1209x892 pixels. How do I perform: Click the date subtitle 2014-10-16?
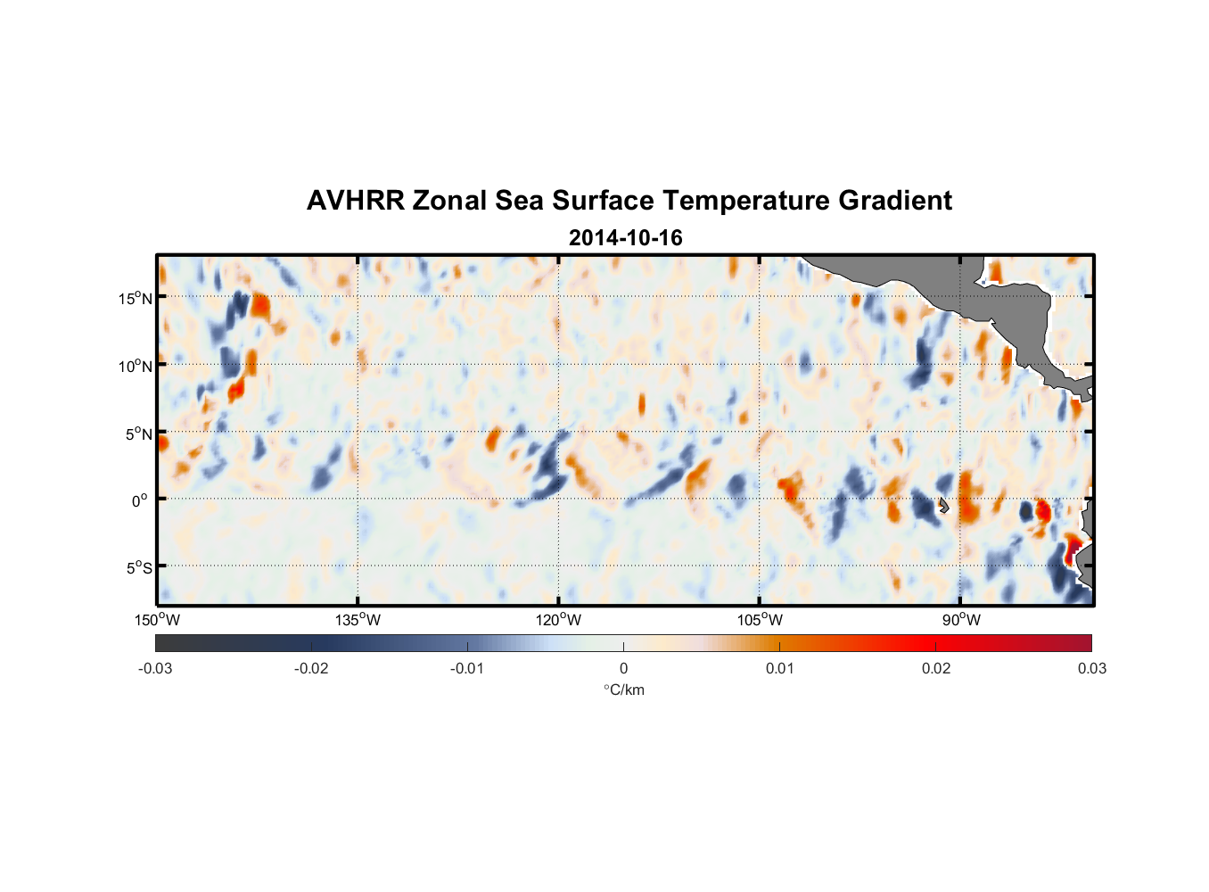coord(625,238)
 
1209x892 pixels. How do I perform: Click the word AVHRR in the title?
coord(355,201)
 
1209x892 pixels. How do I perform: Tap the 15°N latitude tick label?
coord(136,298)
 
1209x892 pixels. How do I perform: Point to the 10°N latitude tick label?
coord(136,366)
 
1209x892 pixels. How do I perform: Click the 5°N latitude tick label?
coord(138,434)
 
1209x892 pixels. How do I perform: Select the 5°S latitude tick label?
coord(138,568)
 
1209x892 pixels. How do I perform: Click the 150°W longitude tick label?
coord(157,620)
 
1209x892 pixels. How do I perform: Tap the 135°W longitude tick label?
coord(358,620)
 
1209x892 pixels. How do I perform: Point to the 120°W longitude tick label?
coord(558,620)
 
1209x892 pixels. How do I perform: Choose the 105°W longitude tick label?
coord(760,620)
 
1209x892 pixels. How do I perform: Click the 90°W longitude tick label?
coord(960,620)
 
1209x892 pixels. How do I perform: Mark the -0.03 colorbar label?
coord(155,668)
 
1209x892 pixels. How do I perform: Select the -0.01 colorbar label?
coord(467,668)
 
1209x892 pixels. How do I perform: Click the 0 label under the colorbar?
coord(623,668)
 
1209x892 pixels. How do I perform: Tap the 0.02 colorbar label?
coord(936,668)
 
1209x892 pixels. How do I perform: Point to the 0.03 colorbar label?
coord(1091,668)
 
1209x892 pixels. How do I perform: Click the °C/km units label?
coord(623,690)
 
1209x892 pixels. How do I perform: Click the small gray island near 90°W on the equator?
coord(943,506)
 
